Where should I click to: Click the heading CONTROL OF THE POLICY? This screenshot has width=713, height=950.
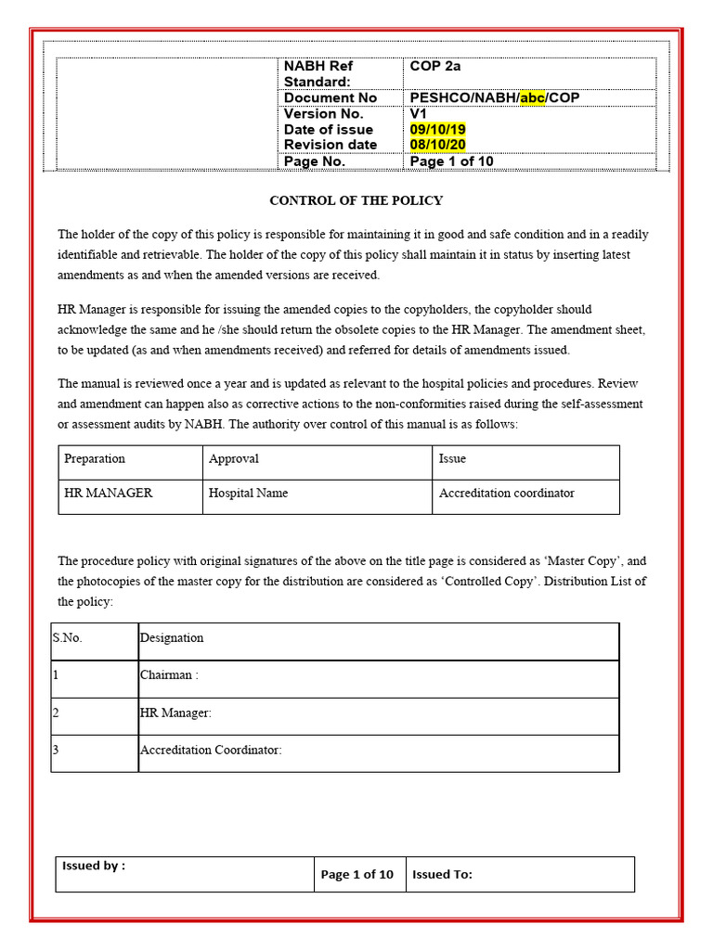[356, 200]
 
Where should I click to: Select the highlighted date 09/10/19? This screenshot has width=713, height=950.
[437, 130]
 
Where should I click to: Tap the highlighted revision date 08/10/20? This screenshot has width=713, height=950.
[437, 145]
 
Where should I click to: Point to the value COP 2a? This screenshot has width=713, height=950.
[435, 66]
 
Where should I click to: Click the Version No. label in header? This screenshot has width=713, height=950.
[323, 114]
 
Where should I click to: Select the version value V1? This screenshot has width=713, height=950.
[419, 114]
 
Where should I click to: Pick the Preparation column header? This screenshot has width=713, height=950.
[95, 459]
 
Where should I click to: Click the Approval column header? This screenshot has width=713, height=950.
[234, 459]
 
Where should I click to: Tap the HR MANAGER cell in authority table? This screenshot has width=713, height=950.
[108, 494]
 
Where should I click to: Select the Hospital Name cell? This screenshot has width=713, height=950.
[248, 494]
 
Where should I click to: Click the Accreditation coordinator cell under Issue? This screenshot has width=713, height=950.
[507, 494]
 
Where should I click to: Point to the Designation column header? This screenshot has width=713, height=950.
[172, 638]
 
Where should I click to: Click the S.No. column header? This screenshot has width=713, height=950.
[68, 638]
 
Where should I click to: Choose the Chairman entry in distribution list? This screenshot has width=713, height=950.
[169, 675]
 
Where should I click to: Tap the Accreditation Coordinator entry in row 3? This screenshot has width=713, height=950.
[211, 750]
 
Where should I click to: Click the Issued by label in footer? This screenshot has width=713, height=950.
[93, 866]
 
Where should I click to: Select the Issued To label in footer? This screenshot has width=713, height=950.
[443, 874]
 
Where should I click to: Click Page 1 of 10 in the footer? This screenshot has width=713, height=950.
[357, 874]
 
